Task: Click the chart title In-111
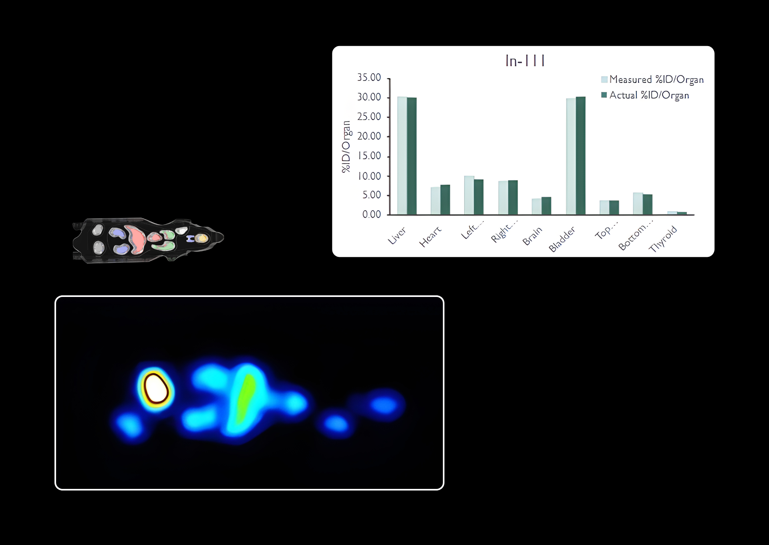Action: tap(525, 61)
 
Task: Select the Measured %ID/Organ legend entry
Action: tap(652, 79)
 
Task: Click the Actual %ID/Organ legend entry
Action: tap(645, 95)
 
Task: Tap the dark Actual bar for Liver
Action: tap(412, 156)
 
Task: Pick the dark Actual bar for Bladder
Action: tap(581, 155)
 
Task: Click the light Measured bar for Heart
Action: tap(435, 201)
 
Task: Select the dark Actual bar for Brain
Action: tap(546, 206)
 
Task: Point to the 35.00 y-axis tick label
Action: tap(369, 77)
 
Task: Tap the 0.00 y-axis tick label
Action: tap(371, 214)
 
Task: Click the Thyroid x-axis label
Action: tap(663, 239)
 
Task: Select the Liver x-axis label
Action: tap(397, 235)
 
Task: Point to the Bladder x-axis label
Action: tap(562, 239)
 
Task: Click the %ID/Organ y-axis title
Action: tap(346, 147)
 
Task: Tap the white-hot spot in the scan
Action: tap(156, 388)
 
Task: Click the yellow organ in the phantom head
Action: tap(202, 238)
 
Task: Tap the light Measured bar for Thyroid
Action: tap(672, 213)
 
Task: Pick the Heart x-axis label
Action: tap(430, 236)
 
